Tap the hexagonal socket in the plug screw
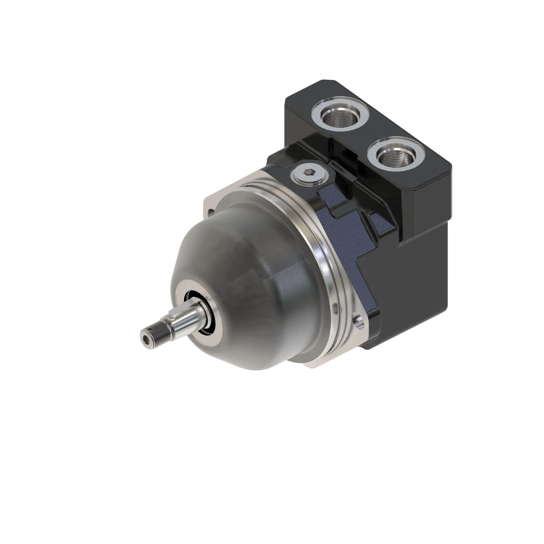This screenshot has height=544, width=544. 309,175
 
